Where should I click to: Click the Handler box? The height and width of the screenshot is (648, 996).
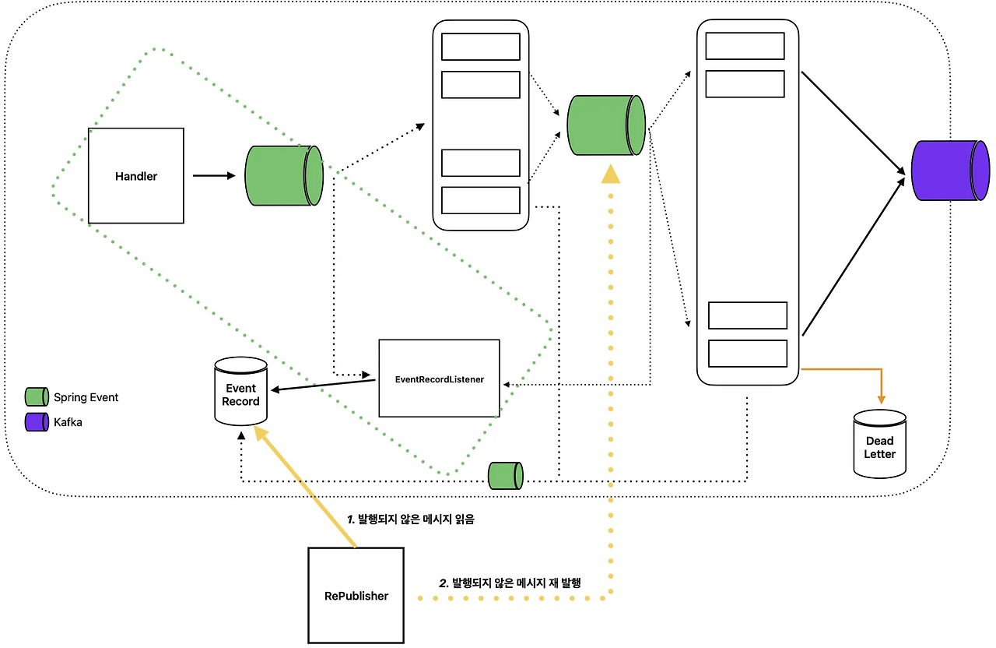coord(136,176)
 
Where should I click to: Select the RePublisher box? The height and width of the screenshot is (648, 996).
coord(356,596)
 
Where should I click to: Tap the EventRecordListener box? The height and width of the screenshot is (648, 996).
coord(439,379)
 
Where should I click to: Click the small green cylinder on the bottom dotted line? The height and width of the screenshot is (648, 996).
coord(505,476)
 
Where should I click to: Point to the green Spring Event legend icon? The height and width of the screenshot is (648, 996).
coord(37,397)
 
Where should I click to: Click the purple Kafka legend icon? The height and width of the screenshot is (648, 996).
coord(37,422)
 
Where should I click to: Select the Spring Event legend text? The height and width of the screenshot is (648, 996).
coord(86,397)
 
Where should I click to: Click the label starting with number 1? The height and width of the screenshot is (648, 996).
coord(410,519)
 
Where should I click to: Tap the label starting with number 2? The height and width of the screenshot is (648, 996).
coord(511,583)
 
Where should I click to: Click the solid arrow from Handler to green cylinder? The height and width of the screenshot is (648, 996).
coord(213,176)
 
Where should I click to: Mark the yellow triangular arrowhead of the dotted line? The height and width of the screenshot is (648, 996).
coord(611,174)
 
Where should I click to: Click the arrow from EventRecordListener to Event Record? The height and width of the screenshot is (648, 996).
coord(324,386)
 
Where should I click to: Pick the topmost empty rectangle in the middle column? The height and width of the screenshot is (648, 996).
coord(480,47)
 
